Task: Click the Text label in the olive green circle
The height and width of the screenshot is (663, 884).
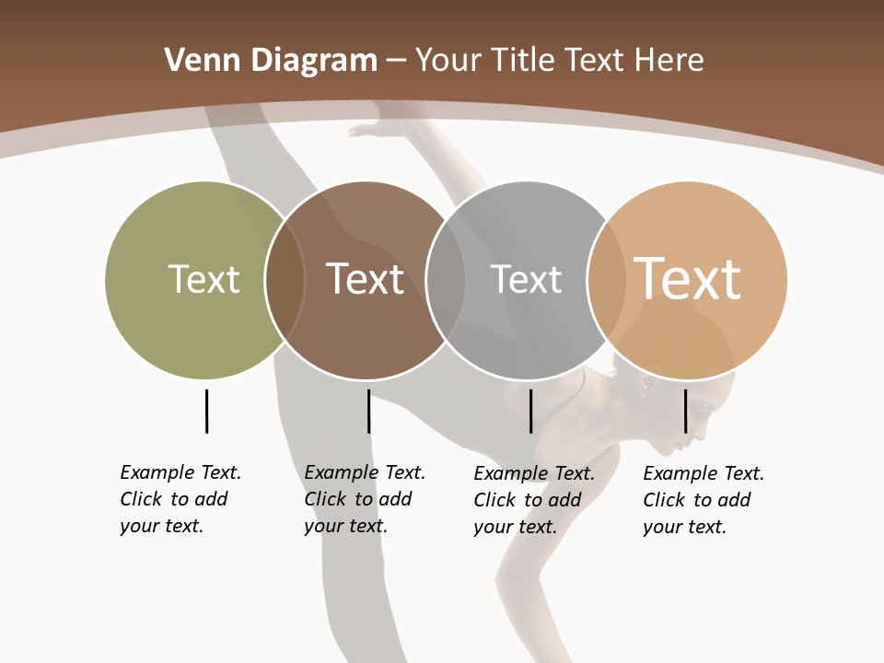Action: [204, 279]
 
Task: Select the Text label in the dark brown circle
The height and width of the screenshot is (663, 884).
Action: [366, 279]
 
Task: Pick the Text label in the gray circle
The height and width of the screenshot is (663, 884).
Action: [526, 279]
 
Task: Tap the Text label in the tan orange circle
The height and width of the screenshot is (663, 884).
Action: [687, 278]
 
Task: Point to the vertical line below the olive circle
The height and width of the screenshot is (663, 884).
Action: [206, 411]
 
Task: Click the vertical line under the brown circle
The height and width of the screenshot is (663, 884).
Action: [368, 411]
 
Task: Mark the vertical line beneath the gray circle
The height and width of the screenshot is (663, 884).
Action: [530, 411]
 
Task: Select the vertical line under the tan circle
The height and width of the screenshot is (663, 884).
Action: [685, 411]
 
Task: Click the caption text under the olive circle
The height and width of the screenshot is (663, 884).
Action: [180, 499]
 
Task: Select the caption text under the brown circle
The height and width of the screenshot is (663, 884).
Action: [365, 499]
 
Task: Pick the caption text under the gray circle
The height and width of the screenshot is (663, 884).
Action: [534, 500]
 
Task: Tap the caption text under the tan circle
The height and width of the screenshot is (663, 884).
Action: [704, 500]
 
